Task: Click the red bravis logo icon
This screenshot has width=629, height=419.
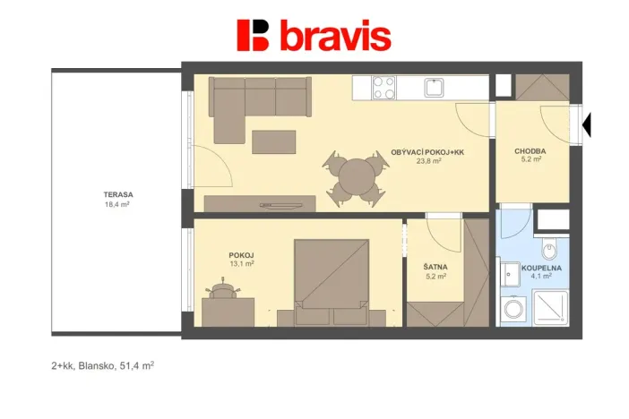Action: coord(254,35)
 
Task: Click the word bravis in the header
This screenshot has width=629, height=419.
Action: coord(334,36)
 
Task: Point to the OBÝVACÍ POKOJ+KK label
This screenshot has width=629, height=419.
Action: coord(427,152)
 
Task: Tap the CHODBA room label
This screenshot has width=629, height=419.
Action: coord(530,151)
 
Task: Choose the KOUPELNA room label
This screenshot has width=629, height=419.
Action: coord(543,267)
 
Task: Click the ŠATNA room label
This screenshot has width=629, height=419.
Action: coord(436,267)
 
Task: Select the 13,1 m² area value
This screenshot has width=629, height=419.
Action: coord(242,264)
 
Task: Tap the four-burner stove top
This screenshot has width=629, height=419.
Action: coord(383,87)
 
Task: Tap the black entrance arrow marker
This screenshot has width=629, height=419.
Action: coord(587,126)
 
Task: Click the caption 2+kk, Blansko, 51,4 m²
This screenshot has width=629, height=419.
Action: coord(102,365)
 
